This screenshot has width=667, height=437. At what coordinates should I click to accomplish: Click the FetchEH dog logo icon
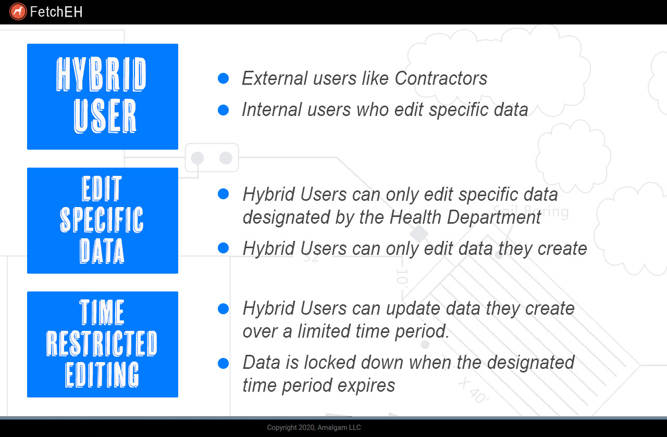(18, 11)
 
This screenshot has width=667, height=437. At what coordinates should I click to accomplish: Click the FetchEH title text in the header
(56, 12)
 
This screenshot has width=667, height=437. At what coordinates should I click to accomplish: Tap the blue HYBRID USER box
(103, 97)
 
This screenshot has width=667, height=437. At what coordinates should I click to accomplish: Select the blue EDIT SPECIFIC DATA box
(103, 221)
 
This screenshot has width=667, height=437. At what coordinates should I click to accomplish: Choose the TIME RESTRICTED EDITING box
(103, 344)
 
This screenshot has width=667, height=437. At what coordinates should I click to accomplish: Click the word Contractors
(441, 79)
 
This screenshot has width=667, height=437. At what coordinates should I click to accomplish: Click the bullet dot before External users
(224, 79)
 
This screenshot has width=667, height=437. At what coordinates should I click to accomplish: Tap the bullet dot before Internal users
(224, 110)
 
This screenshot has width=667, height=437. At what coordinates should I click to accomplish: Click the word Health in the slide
(415, 217)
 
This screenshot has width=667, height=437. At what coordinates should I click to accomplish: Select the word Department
(494, 217)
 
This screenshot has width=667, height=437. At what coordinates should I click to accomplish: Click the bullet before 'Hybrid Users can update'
(224, 309)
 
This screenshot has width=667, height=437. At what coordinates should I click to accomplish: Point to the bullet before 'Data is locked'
(224, 363)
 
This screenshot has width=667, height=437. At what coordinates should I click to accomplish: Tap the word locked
(330, 363)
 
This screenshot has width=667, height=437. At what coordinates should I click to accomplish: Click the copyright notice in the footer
(314, 428)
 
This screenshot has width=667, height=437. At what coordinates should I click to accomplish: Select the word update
(413, 309)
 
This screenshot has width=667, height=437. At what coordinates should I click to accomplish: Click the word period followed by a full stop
(422, 332)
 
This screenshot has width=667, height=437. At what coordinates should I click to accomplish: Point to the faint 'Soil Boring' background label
(531, 211)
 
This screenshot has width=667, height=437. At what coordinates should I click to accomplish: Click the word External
(274, 79)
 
